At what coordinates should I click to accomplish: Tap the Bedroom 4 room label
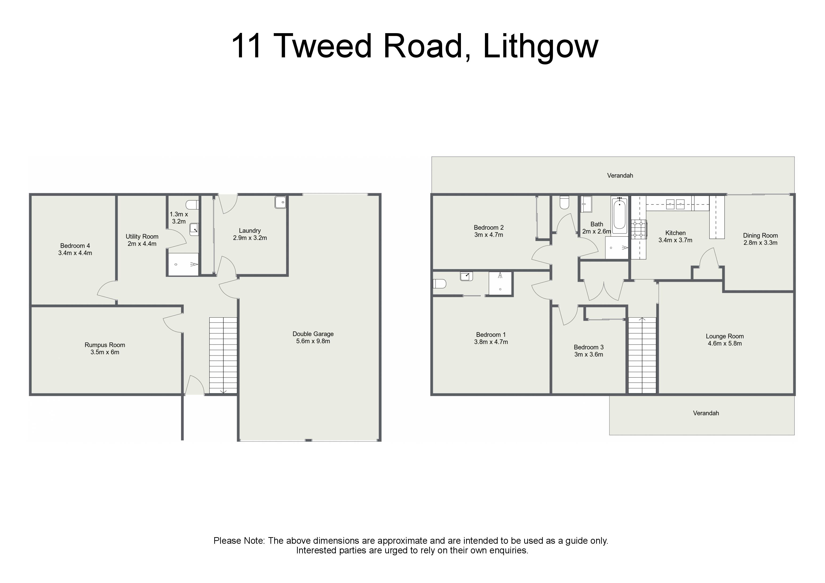(75, 246)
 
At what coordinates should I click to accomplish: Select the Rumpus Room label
(105, 345)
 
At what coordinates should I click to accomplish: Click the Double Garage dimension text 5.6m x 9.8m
(313, 341)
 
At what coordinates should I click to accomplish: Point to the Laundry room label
(250, 231)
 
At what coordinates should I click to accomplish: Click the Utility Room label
(142, 236)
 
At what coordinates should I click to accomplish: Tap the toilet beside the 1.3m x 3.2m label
(192, 205)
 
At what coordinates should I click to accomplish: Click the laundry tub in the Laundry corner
(280, 202)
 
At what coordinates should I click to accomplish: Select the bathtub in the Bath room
(619, 216)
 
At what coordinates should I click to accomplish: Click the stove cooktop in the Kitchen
(639, 229)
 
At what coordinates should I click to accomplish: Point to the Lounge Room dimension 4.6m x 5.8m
(725, 343)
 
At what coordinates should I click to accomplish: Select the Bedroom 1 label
(491, 335)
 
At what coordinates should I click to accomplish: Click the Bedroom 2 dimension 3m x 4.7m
(489, 235)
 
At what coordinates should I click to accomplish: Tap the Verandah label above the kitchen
(620, 176)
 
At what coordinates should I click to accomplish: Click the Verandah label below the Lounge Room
(706, 413)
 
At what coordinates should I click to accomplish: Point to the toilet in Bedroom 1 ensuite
(440, 284)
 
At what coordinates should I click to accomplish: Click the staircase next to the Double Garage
(223, 355)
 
